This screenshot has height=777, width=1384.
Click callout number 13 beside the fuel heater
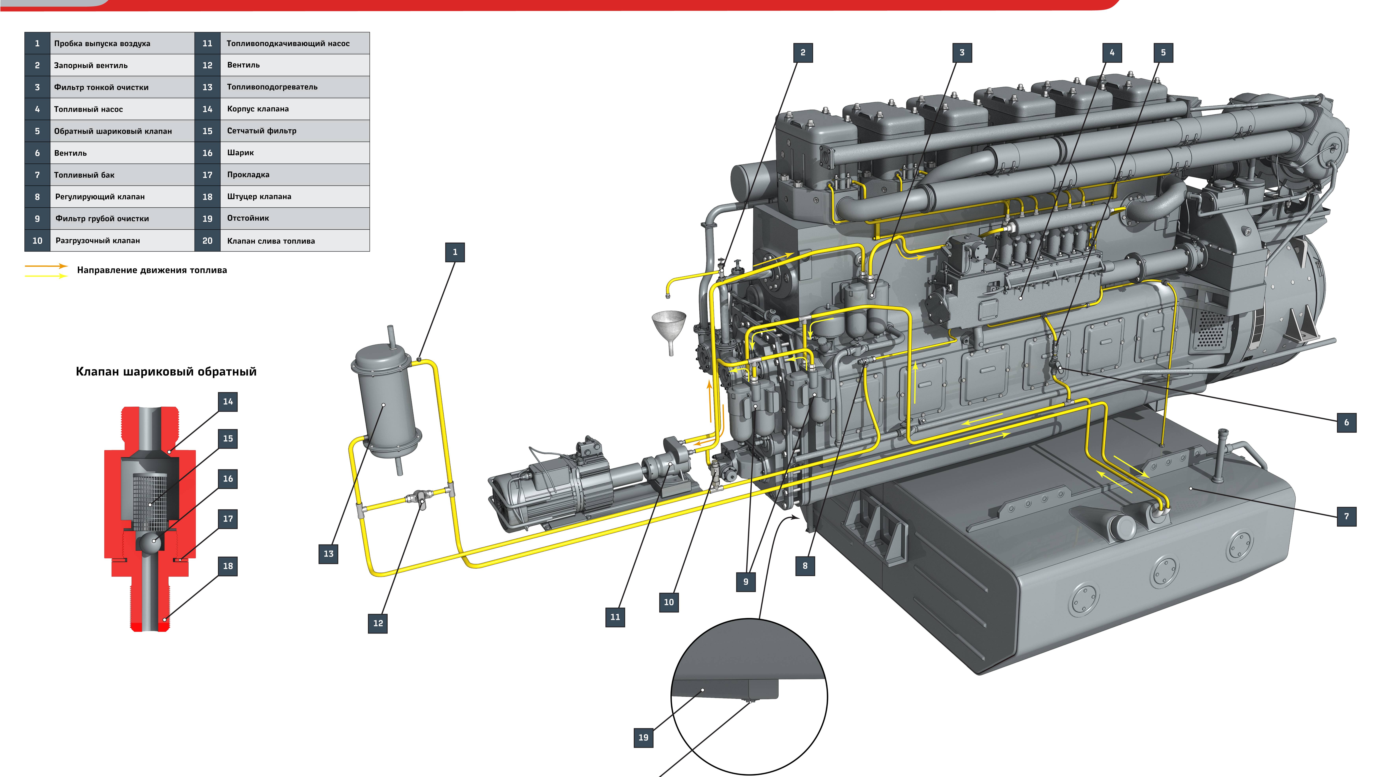[328, 554]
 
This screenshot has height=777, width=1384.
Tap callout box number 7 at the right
[1346, 516]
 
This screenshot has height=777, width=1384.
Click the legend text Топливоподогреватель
[272, 87]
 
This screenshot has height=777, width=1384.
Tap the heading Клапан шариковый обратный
[166, 372]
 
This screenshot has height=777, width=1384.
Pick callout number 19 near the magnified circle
[643, 737]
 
